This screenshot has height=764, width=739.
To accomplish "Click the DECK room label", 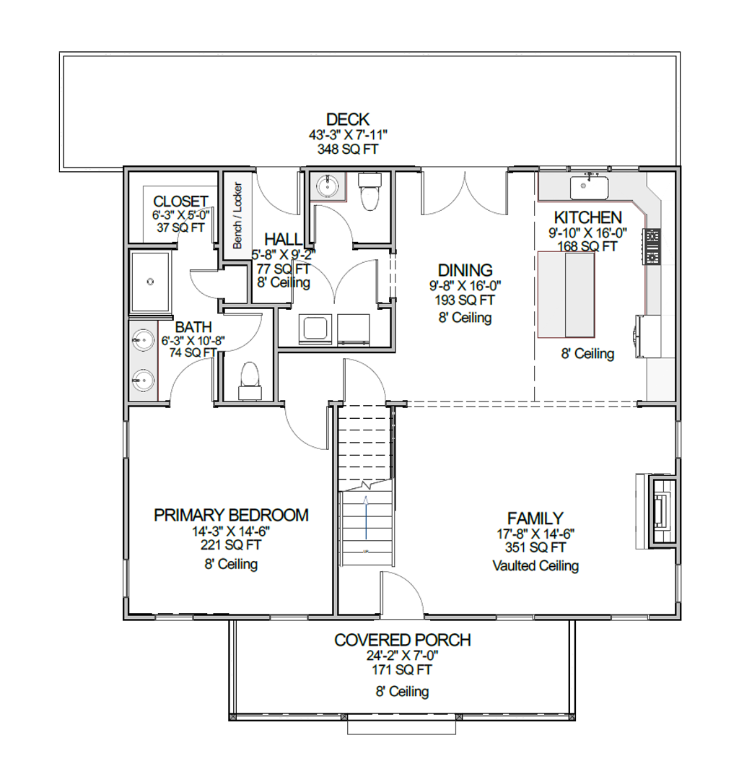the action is (348, 119).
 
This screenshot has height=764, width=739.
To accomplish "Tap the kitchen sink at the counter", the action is (590, 188).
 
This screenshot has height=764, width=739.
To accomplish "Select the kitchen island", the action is (567, 295).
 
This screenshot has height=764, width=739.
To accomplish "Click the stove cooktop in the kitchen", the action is (652, 246).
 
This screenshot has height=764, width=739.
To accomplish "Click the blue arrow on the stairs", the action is (366, 517).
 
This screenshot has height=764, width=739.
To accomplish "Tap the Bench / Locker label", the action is (237, 215).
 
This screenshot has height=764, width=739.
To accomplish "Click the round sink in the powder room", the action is (328, 186).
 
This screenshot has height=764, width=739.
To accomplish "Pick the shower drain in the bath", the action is (150, 282).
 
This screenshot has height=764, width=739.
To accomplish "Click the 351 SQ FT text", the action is (535, 547).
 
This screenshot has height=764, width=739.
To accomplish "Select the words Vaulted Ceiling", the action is (535, 565).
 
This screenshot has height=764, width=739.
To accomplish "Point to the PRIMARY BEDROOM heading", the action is (231, 515).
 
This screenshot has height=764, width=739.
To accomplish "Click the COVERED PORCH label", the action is (403, 641).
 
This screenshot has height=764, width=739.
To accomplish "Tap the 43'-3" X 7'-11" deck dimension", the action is (348, 135).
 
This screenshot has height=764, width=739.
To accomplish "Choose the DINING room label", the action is (465, 270).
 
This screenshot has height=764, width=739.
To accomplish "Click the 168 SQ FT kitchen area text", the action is (587, 246).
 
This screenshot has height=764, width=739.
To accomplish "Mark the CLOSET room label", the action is (180, 201).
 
